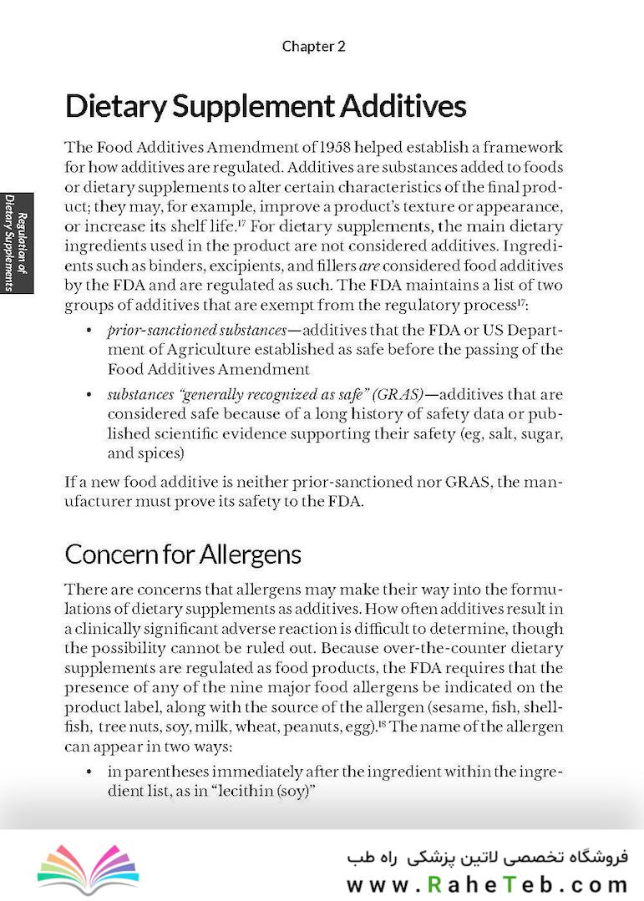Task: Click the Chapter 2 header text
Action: click(x=313, y=47)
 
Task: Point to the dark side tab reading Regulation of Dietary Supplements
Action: click(x=16, y=243)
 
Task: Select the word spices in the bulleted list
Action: click(x=163, y=454)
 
